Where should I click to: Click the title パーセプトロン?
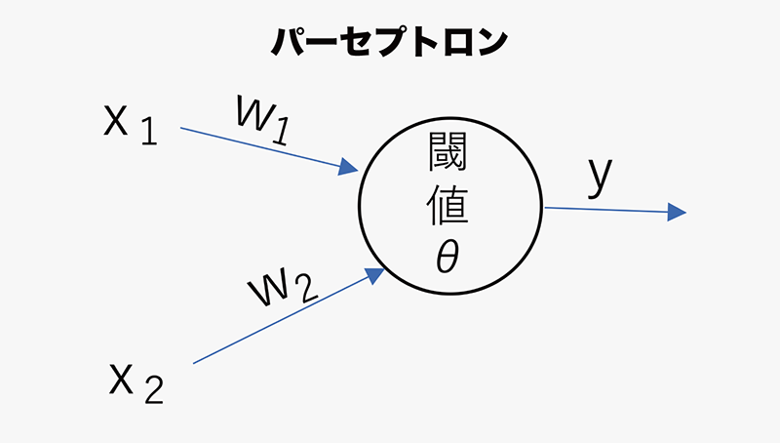pyautogui.click(x=389, y=42)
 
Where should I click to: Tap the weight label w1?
pyautogui.click(x=260, y=117)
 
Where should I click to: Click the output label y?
pyautogui.click(x=601, y=180)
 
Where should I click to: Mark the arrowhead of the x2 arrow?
pyautogui.click(x=373, y=275)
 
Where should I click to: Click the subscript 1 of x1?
pyautogui.click(x=148, y=132)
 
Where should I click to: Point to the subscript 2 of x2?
pyautogui.click(x=154, y=391)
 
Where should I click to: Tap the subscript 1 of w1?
pyautogui.click(x=281, y=126)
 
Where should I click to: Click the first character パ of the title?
pyautogui.click(x=290, y=42)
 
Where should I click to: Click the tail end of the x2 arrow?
pyautogui.click(x=194, y=363)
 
